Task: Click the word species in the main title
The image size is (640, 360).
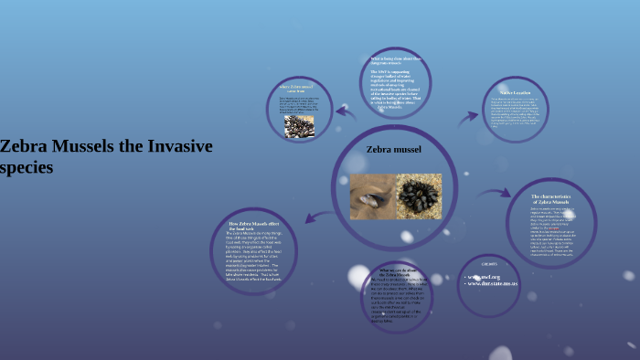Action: [27, 167]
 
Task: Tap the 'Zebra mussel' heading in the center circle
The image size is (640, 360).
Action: [393, 148]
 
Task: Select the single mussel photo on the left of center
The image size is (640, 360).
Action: [373, 196]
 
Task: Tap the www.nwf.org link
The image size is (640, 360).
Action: [485, 275]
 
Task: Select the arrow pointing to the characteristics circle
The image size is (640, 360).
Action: [496, 194]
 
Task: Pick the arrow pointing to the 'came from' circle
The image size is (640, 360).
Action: [346, 113]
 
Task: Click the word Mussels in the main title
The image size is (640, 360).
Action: [80, 146]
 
